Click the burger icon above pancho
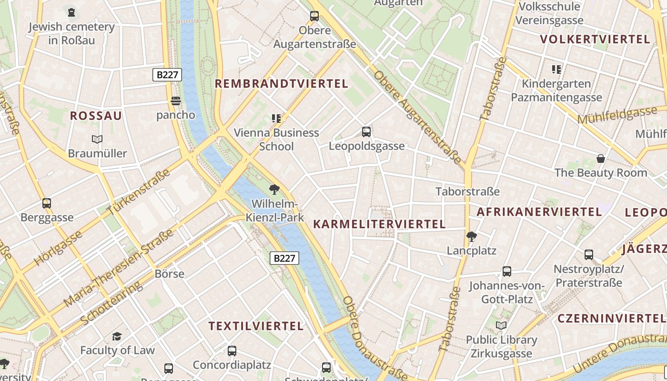pyautogui.click(x=176, y=101)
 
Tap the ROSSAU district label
pyautogui.click(x=96, y=116)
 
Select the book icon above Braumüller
pyautogui.click(x=97, y=140)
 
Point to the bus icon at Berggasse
pyautogui.click(x=47, y=203)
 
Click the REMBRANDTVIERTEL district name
pyautogui.click(x=282, y=84)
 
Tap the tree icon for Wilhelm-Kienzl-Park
pyautogui.click(x=274, y=190)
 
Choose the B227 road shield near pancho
pyautogui.click(x=167, y=75)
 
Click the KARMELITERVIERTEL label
pyautogui.click(x=379, y=224)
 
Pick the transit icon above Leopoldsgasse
pyautogui.click(x=366, y=132)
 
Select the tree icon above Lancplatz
pyautogui.click(x=472, y=236)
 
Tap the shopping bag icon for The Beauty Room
pyautogui.click(x=601, y=159)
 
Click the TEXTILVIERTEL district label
pyautogui.click(x=256, y=326)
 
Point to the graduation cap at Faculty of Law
pyautogui.click(x=117, y=337)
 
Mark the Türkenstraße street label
pyautogui.click(x=139, y=191)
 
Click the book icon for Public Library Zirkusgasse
pyautogui.click(x=501, y=326)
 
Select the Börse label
pyautogui.click(x=170, y=274)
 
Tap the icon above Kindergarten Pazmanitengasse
pyautogui.click(x=556, y=70)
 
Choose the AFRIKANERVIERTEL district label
pyautogui.click(x=539, y=212)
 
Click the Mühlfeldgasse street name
pyautogui.click(x=617, y=115)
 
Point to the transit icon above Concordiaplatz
pyautogui.click(x=232, y=351)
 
